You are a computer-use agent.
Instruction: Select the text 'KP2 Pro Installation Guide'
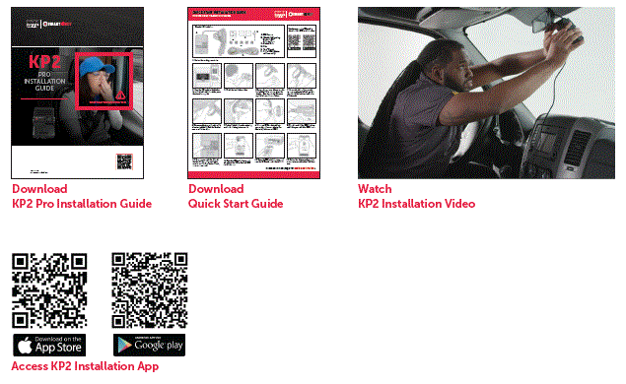pyautogui.click(x=82, y=204)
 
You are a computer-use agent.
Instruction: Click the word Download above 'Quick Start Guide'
pyautogui.click(x=216, y=189)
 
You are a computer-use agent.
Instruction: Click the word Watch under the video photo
pyautogui.click(x=375, y=189)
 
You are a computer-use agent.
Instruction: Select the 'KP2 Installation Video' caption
pyautogui.click(x=416, y=204)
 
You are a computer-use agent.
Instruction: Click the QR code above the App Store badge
pyautogui.click(x=49, y=290)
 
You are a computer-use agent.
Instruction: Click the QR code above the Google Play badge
pyautogui.click(x=149, y=290)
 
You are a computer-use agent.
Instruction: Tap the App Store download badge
pyautogui.click(x=49, y=345)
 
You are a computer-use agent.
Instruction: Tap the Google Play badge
pyautogui.click(x=149, y=345)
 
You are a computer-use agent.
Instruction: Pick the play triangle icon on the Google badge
pyautogui.click(x=124, y=345)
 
